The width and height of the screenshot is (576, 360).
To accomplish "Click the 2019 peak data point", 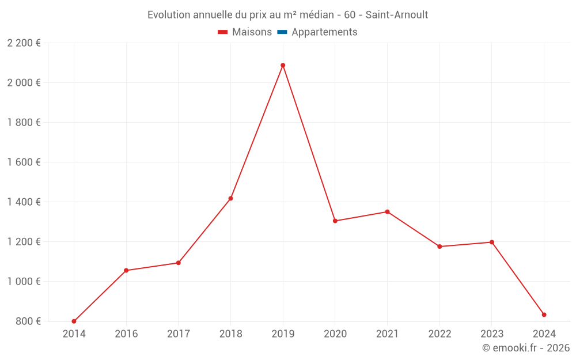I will tap(283, 65).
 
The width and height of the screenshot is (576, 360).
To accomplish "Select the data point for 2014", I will tap(74, 321).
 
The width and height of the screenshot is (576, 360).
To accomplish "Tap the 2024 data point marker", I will tap(544, 314).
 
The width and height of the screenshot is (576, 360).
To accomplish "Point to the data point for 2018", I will tap(230, 199).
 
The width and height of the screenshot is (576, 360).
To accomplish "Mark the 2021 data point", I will tap(387, 211).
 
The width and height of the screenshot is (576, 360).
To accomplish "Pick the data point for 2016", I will tap(126, 270).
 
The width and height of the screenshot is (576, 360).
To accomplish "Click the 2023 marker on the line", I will tap(492, 242).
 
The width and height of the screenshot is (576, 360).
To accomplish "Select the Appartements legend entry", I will tap(324, 32).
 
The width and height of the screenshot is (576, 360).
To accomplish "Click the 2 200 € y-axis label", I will tap(24, 43).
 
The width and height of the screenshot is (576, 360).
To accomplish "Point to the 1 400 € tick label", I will tap(24, 202).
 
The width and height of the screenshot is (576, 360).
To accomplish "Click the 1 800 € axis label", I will tap(24, 122).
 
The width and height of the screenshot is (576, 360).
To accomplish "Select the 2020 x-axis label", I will tap(335, 334).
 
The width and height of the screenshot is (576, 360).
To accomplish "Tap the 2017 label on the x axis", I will tap(178, 334).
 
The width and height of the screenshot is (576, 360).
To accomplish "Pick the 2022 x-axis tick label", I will tap(439, 334).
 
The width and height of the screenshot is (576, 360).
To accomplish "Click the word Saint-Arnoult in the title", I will tap(397, 15).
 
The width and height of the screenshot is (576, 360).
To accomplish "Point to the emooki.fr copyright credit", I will tap(526, 348).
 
